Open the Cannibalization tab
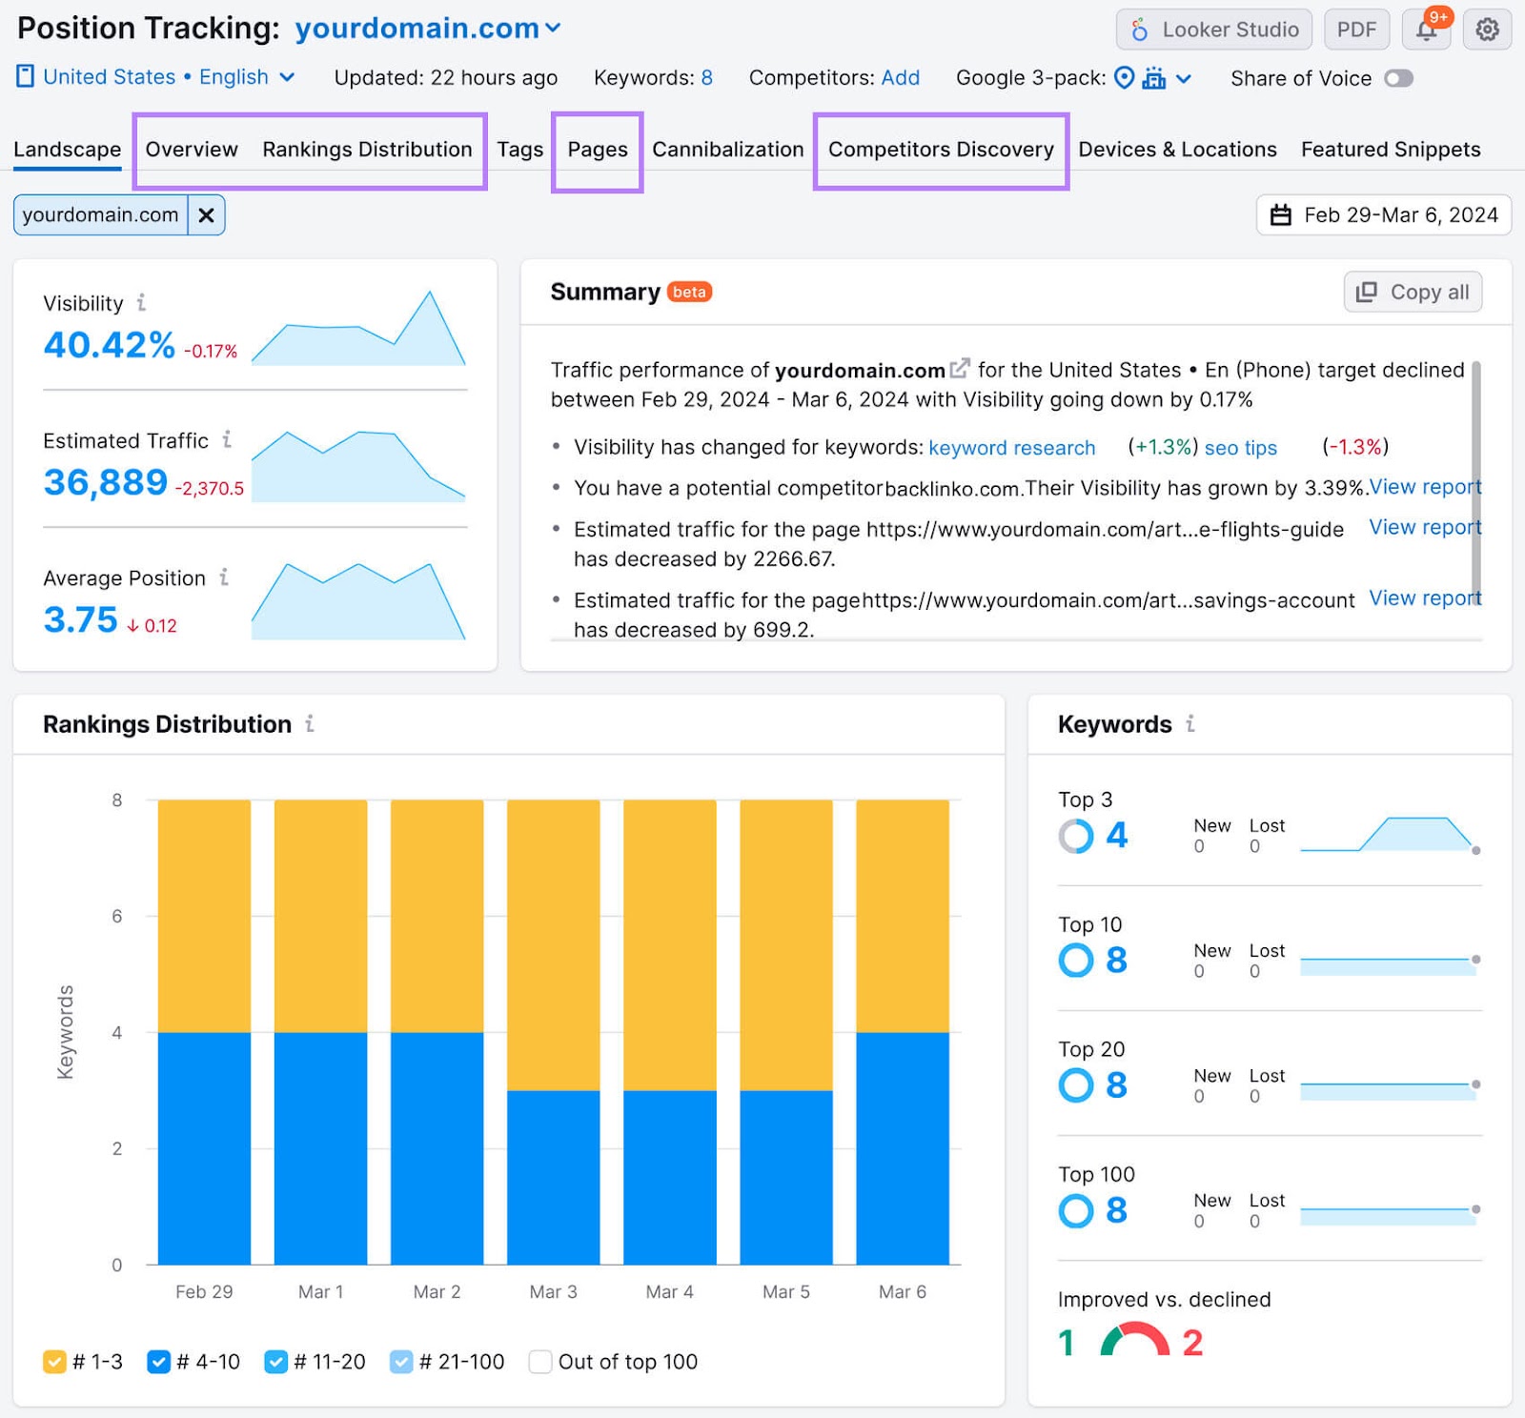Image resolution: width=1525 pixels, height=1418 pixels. click(727, 150)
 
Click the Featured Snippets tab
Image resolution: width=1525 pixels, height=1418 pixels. click(1390, 150)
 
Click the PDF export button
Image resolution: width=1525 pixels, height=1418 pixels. click(1355, 30)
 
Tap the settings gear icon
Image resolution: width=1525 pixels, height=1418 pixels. click(1486, 30)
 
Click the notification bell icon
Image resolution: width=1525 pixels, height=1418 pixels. click(1426, 30)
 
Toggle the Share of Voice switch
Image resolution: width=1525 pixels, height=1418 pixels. click(1398, 78)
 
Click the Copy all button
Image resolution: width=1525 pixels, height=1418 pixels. click(1413, 292)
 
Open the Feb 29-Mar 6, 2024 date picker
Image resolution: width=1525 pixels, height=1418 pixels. click(1384, 215)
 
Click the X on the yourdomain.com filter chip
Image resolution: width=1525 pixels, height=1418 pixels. click(206, 215)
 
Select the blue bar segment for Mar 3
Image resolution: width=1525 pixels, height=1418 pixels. click(553, 1177)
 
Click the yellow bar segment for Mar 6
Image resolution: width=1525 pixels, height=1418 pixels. click(902, 915)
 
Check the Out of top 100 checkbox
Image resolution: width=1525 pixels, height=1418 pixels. click(540, 1362)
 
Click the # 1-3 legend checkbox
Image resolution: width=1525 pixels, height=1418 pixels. click(54, 1362)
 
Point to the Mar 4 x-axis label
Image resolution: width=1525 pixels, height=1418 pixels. click(669, 1292)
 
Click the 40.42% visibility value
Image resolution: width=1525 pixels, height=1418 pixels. click(109, 345)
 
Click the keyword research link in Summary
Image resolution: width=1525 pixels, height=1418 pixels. click(1011, 448)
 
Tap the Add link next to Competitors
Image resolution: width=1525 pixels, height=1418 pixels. click(900, 78)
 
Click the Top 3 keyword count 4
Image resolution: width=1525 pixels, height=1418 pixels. click(1116, 836)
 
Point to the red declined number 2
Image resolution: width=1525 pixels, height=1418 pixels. click(1192, 1343)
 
